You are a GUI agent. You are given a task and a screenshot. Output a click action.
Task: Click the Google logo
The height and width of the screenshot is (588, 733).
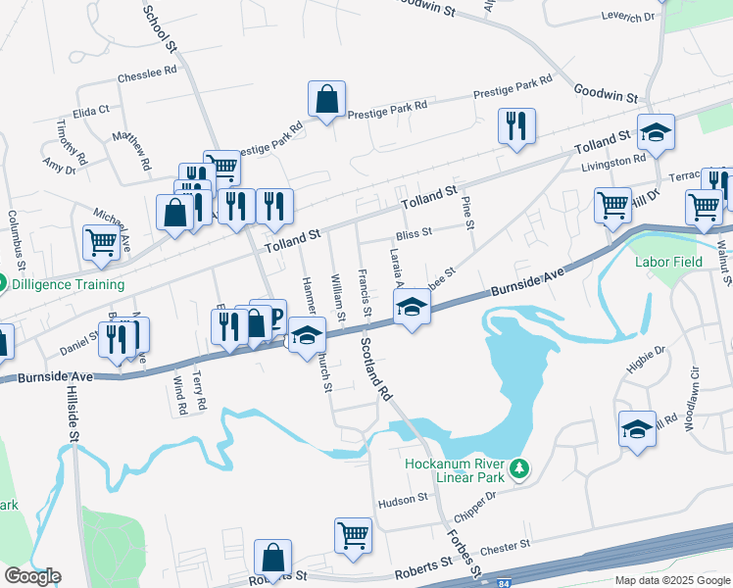[x=31, y=576]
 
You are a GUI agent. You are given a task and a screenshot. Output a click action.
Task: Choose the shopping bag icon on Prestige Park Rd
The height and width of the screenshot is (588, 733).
[x=327, y=99]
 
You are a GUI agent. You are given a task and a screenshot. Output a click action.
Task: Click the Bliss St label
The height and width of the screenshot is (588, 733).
[x=414, y=235]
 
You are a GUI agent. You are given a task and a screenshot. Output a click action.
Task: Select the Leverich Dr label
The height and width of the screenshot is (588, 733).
[x=628, y=18]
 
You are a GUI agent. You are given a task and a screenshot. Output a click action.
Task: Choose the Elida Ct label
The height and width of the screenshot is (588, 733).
[x=90, y=111]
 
